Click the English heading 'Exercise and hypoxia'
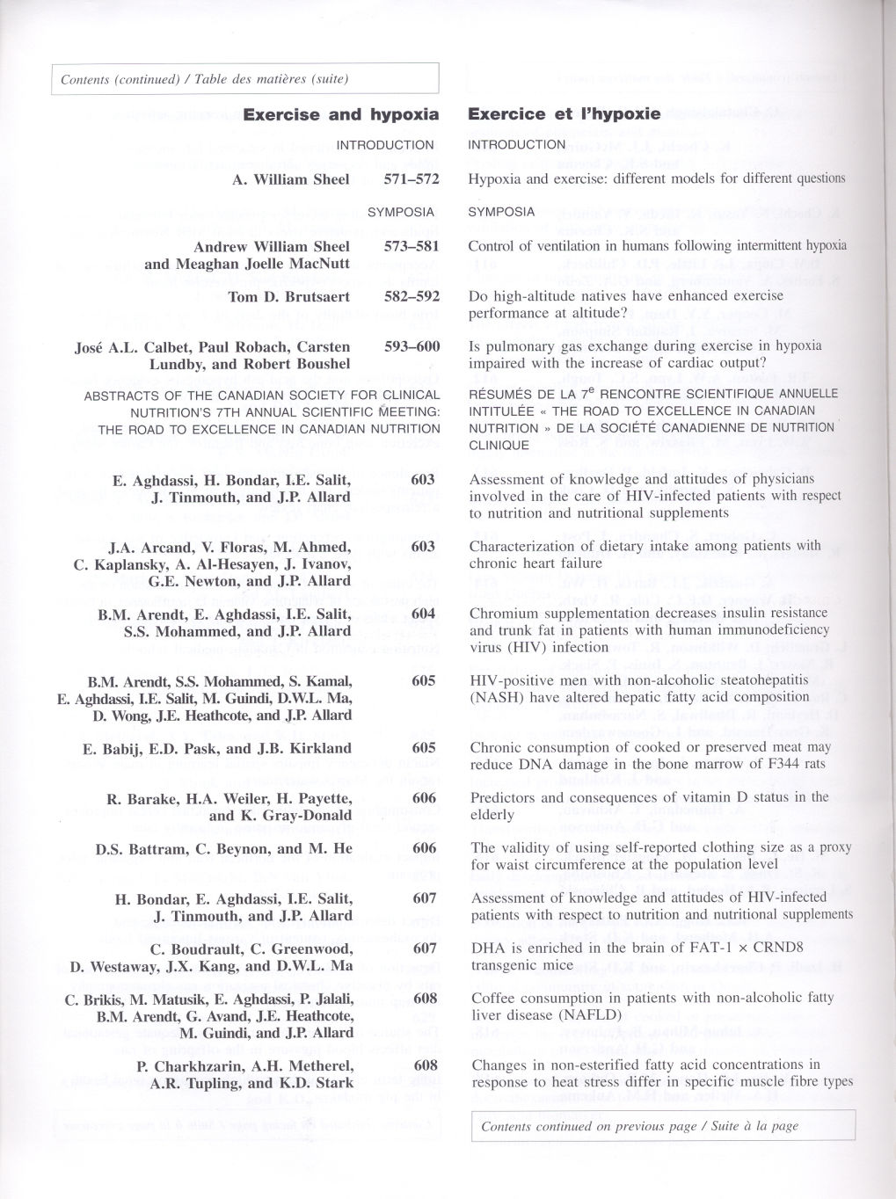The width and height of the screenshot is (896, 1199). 340,114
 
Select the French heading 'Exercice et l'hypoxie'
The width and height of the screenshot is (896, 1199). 564,113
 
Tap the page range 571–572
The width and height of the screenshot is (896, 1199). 411,179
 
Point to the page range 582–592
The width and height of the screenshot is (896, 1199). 411,296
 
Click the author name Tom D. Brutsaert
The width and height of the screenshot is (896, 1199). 288,296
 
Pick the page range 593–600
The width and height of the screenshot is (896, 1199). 411,346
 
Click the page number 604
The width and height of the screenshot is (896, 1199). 423,614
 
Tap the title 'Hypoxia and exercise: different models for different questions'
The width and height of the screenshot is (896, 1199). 656,178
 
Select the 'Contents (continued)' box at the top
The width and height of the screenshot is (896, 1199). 245,79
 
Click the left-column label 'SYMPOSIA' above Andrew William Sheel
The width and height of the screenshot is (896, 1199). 400,212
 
